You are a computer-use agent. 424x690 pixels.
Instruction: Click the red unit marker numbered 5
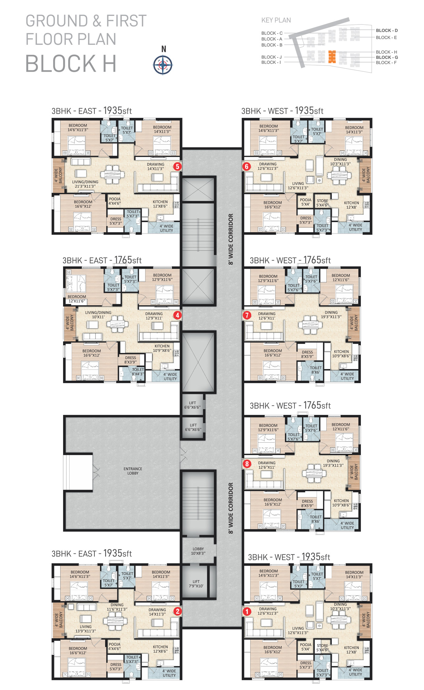pos(177,166)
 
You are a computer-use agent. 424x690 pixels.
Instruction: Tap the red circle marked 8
pos(247,464)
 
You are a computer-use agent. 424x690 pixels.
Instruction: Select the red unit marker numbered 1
pos(247,612)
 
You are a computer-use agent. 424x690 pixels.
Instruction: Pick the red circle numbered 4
pos(177,315)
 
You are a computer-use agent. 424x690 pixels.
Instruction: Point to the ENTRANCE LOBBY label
pos(133,471)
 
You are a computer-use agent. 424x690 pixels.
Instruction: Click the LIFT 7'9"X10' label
pos(196,584)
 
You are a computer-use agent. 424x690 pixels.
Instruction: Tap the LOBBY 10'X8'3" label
pos(198,551)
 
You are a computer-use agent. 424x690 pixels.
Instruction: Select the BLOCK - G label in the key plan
pos(387,57)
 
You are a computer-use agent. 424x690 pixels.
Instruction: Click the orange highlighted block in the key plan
pos(332,57)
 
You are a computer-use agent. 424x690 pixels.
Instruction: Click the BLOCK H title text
pos(71,64)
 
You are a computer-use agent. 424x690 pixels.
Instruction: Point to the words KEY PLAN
pos(276,20)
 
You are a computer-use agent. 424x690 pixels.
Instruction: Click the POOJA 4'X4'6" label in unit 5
pos(114,201)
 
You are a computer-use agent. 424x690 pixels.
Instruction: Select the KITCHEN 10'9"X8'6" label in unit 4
pos(162,348)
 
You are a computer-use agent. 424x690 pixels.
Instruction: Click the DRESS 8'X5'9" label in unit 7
pos(307,354)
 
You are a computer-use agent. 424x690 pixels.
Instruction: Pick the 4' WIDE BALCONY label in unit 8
pos(354,472)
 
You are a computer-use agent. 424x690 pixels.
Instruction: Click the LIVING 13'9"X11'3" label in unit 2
pos(85,629)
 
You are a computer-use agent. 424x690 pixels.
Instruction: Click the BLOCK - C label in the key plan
pos(272,33)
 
